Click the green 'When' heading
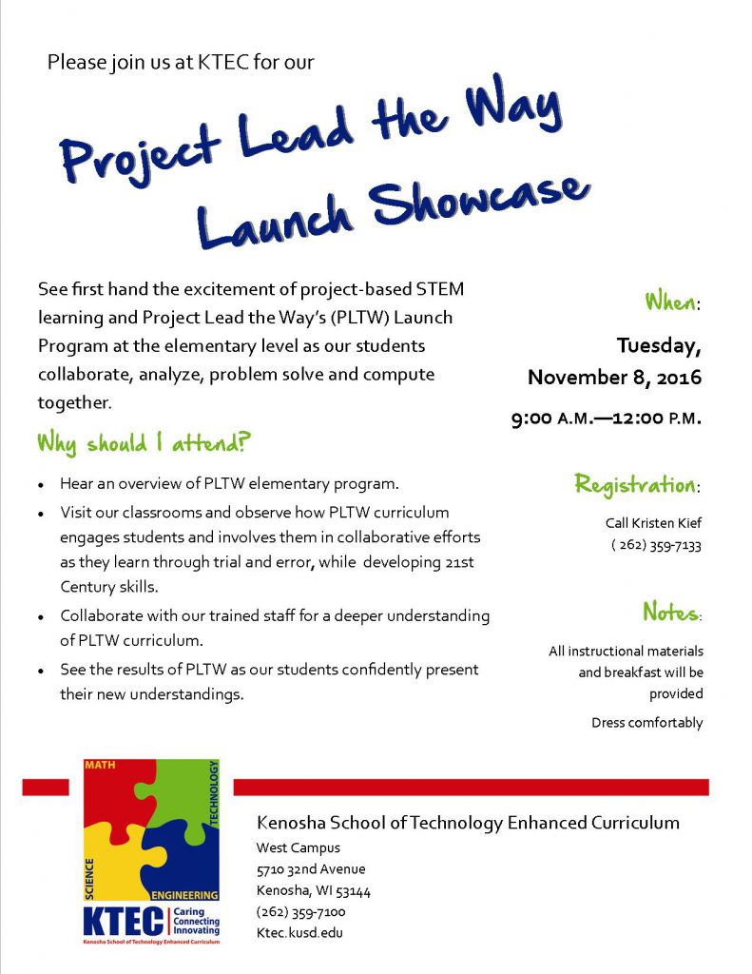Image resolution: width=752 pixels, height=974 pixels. click(670, 302)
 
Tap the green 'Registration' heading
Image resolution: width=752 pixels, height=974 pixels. click(635, 484)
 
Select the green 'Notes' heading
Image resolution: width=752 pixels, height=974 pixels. click(670, 611)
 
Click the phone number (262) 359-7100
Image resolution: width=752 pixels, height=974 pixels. click(301, 912)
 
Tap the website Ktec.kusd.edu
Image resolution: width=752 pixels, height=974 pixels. click(299, 933)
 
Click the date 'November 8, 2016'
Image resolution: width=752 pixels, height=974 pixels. click(614, 378)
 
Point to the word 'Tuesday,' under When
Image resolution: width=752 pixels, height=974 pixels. click(658, 344)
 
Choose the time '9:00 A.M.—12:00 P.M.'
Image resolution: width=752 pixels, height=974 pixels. click(606, 418)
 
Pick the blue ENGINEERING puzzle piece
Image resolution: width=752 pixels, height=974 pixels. click(185, 861)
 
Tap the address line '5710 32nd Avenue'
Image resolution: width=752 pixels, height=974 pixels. click(311, 869)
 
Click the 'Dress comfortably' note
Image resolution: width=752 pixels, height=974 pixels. click(646, 723)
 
